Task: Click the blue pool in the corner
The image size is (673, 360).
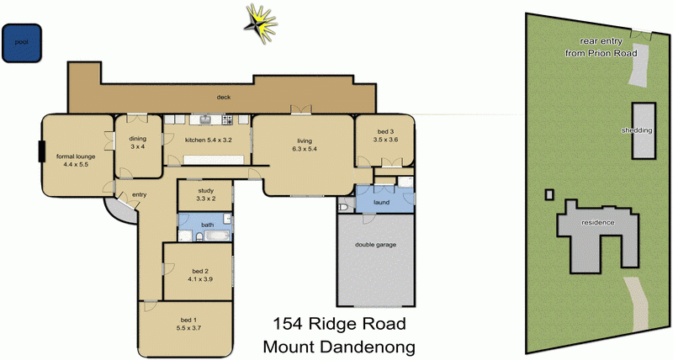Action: tap(21, 42)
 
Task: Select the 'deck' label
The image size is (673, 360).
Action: tap(224, 98)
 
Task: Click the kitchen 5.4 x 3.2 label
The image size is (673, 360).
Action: tap(208, 140)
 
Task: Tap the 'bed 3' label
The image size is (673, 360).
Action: tap(385, 135)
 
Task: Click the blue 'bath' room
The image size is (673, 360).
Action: tap(206, 225)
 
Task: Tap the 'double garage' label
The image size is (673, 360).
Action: tap(375, 245)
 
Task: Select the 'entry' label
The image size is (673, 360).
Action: tap(139, 195)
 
